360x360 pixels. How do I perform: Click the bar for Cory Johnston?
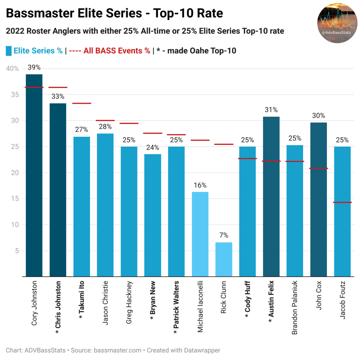(x=34, y=176)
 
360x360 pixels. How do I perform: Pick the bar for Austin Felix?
(x=271, y=197)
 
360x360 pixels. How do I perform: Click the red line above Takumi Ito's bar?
(x=82, y=103)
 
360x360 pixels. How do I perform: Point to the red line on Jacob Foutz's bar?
(x=342, y=202)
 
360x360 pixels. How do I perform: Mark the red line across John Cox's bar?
(x=319, y=168)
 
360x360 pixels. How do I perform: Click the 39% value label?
(x=34, y=67)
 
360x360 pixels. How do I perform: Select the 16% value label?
(x=200, y=185)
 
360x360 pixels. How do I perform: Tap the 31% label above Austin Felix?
(x=271, y=110)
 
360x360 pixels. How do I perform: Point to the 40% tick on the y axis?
(x=13, y=69)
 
